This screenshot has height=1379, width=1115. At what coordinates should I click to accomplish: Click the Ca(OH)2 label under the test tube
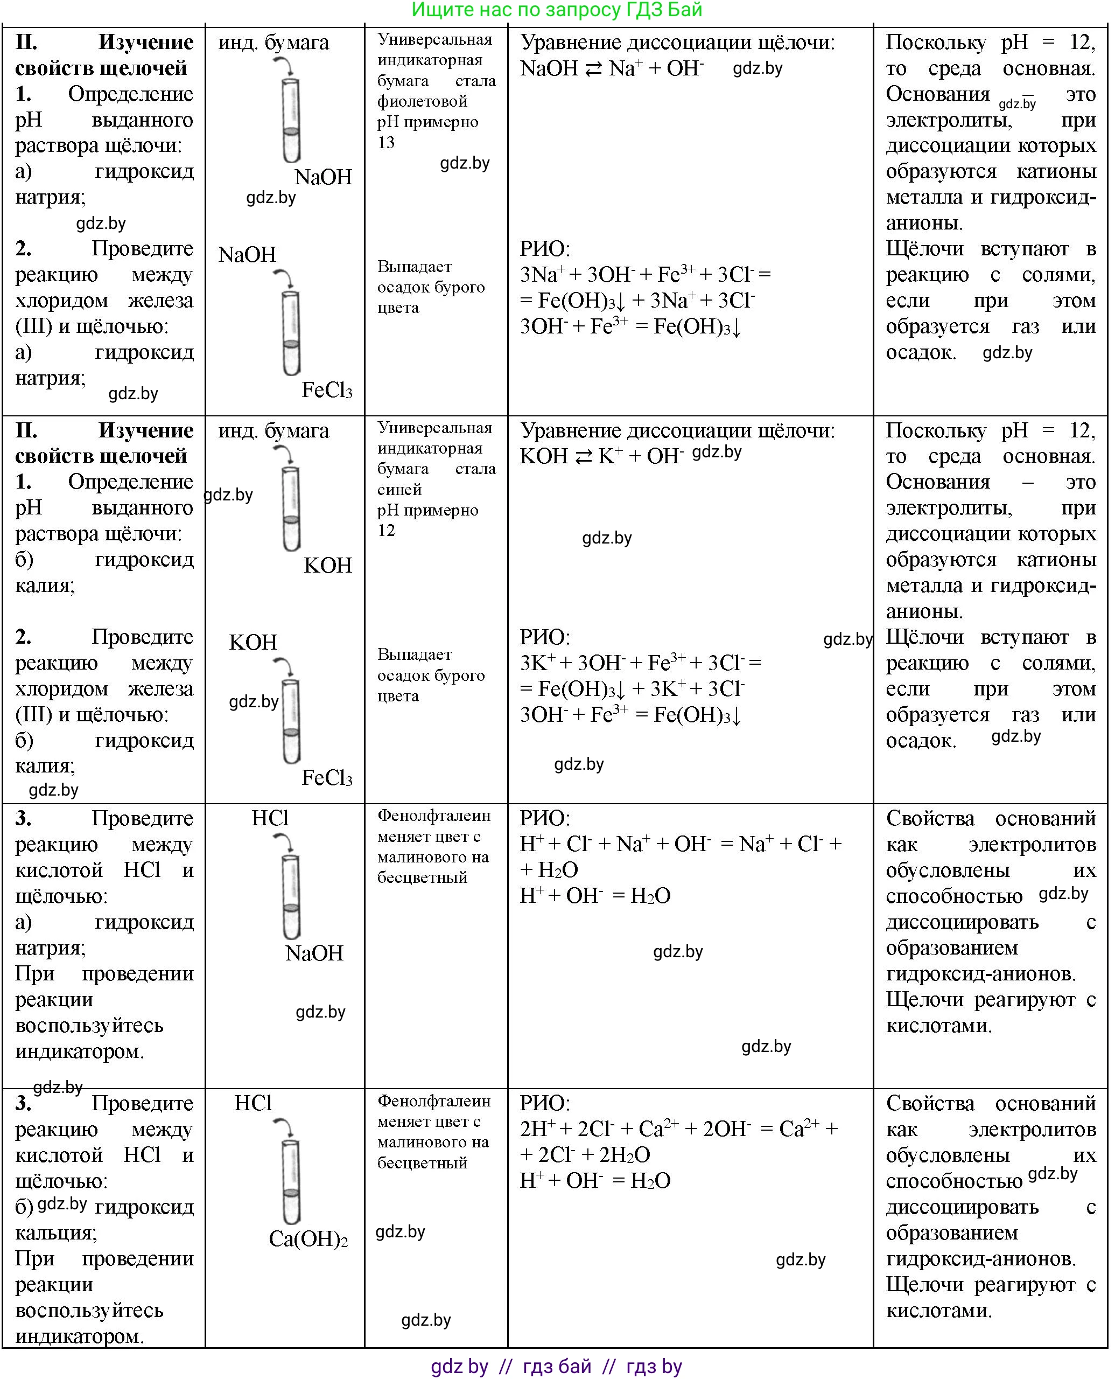coord(308,1238)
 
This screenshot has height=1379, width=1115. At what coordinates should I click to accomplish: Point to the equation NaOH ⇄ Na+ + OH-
coord(612,68)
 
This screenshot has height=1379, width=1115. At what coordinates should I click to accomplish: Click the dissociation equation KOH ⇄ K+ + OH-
coord(602,456)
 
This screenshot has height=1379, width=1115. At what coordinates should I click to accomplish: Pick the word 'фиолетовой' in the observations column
coord(422,101)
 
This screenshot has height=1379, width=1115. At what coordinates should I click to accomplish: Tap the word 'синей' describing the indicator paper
coord(399,490)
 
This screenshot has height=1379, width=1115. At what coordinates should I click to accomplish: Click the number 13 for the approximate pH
coord(386,142)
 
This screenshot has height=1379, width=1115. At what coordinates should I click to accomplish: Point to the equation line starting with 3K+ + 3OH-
coord(640,663)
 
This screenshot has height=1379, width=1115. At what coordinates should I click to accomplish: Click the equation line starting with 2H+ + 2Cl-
coord(678,1129)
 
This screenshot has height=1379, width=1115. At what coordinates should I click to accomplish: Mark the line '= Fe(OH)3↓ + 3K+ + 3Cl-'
coord(632,688)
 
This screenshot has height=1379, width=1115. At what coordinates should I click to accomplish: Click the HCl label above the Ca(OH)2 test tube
coord(253,1103)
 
